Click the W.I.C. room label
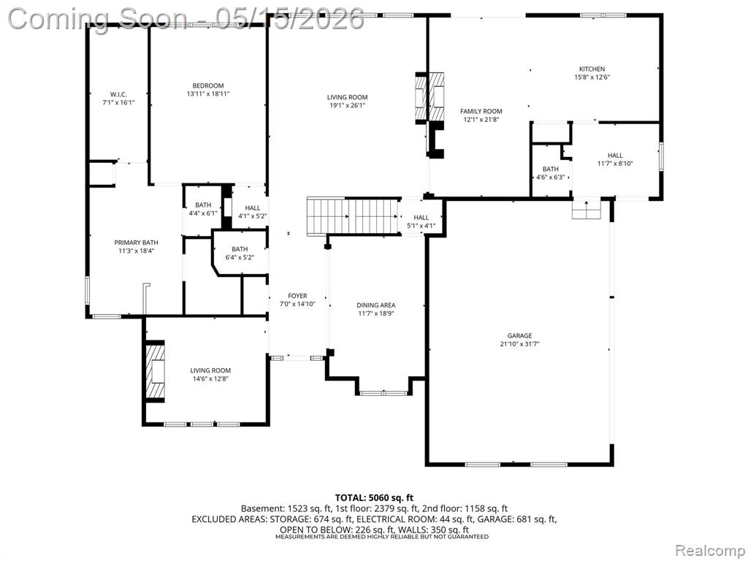(x=118, y=94)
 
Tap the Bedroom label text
(x=208, y=86)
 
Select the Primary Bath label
(x=136, y=243)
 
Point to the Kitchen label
(x=592, y=69)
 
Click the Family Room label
(x=481, y=111)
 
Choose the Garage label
(x=519, y=335)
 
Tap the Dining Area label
(x=376, y=305)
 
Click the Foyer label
(x=297, y=296)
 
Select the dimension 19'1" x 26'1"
(x=347, y=105)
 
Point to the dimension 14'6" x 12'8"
(x=210, y=379)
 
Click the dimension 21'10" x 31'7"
(x=519, y=343)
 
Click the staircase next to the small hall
(x=353, y=216)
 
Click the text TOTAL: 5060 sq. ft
(x=374, y=498)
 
